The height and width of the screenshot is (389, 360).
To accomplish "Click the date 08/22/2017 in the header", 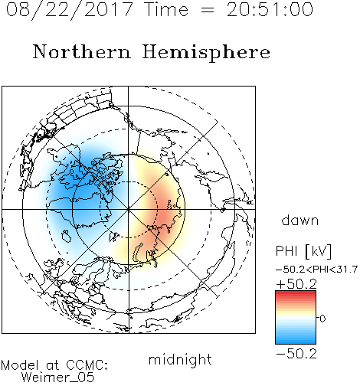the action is pyautogui.click(x=69, y=10).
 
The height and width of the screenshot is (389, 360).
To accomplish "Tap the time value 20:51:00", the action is pyautogui.click(x=270, y=9).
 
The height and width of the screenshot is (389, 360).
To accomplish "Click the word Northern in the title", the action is pyautogui.click(x=82, y=52).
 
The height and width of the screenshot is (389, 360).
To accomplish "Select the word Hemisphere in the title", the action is pyautogui.click(x=206, y=53).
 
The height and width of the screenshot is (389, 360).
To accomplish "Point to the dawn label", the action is pyautogui.click(x=300, y=220).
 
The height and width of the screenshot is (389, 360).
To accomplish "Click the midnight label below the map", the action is pyautogui.click(x=180, y=359).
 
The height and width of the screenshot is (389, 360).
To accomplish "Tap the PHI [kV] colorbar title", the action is pyautogui.click(x=303, y=251).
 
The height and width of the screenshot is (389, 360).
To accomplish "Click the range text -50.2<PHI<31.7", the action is pyautogui.click(x=316, y=270).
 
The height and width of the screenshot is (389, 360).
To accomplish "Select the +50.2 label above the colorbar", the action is pyautogui.click(x=296, y=284).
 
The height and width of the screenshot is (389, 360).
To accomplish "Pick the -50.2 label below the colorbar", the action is pyautogui.click(x=296, y=354).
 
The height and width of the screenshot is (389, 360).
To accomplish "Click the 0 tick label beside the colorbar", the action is pyautogui.click(x=322, y=319).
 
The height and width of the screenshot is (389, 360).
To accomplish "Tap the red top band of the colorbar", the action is pyautogui.click(x=296, y=293).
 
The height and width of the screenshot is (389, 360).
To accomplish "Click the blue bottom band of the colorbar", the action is pyautogui.click(x=296, y=341).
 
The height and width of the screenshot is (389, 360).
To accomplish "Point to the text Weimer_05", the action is pyautogui.click(x=57, y=378).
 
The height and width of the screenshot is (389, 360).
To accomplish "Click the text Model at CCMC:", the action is pyautogui.click(x=54, y=365).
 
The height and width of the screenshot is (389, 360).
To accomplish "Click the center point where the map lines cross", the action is pyautogui.click(x=128, y=209).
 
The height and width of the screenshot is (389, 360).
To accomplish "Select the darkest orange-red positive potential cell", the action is pyautogui.click(x=166, y=213).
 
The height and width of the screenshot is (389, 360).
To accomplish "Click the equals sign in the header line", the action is pyautogui.click(x=208, y=10).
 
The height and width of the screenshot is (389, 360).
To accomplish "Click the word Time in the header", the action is pyautogui.click(x=166, y=9).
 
